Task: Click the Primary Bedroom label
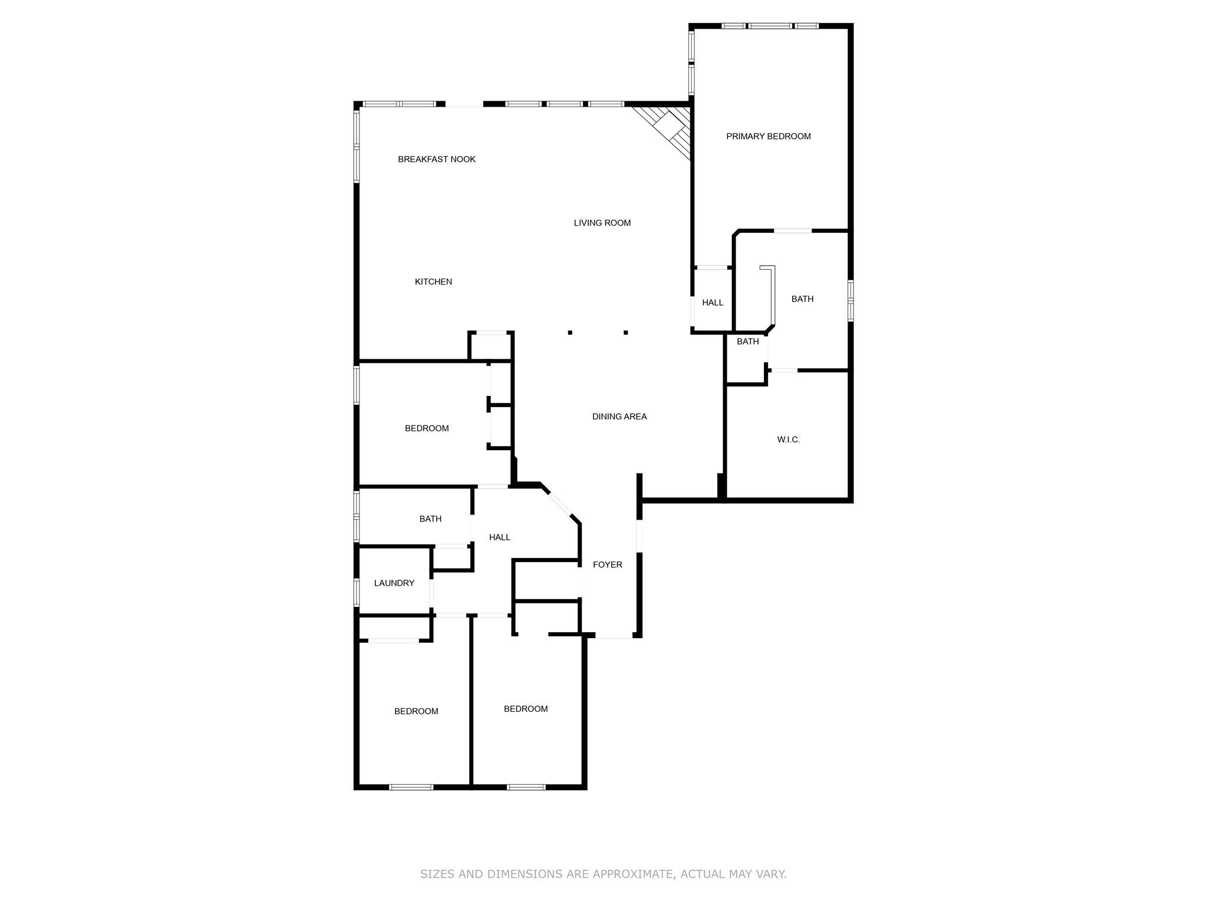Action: tap(768, 136)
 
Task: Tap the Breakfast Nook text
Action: tap(436, 159)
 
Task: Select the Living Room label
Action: tap(602, 223)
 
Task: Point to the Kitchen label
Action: tap(433, 282)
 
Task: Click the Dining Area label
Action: tap(619, 417)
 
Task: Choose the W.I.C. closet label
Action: tap(788, 440)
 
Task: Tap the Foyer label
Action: tap(607, 564)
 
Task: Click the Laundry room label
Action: tap(394, 583)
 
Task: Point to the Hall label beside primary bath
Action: tap(712, 302)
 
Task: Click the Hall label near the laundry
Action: tap(499, 537)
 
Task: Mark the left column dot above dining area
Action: tap(570, 332)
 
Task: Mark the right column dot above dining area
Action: tap(625, 332)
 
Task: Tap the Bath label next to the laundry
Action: tap(430, 518)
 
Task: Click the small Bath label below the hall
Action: tap(747, 341)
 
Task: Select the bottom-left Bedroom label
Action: tap(416, 711)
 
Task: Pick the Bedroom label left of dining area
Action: tap(427, 428)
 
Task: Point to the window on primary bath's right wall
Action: tap(850, 300)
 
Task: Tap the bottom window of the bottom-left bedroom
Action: tap(411, 787)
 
